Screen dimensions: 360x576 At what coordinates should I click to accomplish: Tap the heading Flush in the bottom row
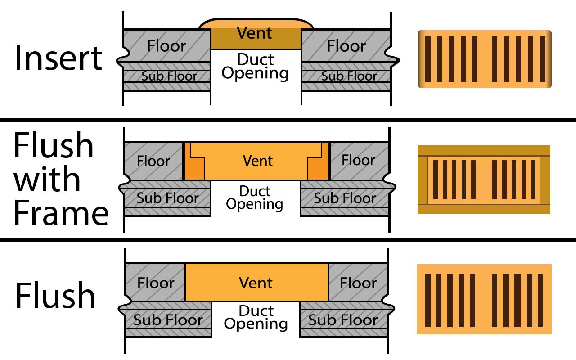tap(55, 295)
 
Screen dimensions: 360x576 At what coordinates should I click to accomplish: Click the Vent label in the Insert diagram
tap(254, 33)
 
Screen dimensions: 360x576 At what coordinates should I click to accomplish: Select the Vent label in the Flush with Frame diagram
tap(258, 161)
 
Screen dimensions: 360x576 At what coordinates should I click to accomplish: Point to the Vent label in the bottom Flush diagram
tap(256, 283)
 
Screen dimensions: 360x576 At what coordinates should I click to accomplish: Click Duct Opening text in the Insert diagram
tap(255, 67)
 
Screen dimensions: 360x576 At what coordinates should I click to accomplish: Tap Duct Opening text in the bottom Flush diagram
tap(256, 317)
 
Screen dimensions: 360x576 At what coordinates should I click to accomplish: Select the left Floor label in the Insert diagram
tap(166, 46)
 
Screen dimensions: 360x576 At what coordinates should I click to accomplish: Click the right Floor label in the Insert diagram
tap(346, 46)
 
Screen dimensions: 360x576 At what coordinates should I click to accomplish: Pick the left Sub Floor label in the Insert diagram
tap(169, 76)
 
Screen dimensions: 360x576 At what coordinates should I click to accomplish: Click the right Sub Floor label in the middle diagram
tap(345, 198)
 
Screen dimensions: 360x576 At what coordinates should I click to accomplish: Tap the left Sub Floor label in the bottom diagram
tap(168, 320)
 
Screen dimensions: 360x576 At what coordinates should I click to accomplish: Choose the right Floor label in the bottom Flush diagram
tap(358, 283)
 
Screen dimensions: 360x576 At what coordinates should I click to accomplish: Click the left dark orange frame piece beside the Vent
tap(193, 169)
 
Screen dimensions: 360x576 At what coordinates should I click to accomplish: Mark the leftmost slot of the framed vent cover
tap(434, 179)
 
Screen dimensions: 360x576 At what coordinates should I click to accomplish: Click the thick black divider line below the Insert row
tap(288, 120)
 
